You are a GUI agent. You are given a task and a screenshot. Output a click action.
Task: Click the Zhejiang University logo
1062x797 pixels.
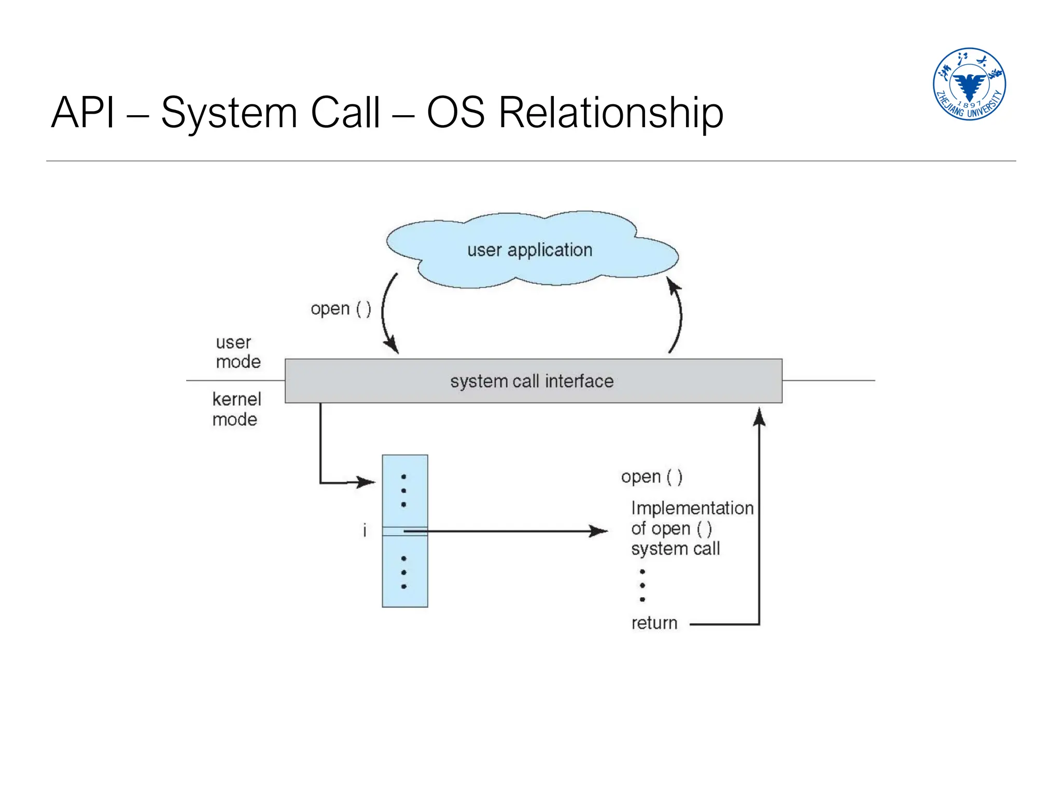tap(969, 84)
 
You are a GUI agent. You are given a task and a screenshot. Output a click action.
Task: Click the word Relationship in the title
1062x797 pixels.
tap(610, 113)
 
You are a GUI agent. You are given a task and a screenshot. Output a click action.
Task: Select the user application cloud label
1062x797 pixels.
tap(529, 250)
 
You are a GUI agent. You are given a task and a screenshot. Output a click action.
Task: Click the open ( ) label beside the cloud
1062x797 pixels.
tap(341, 309)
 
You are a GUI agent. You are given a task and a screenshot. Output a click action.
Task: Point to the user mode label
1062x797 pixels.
tap(237, 352)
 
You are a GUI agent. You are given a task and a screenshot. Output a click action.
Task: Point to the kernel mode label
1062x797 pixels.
tap(236, 409)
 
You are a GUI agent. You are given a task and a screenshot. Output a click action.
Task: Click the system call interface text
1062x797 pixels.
tap(532, 381)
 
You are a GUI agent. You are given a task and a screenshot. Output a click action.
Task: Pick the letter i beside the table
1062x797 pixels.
tap(365, 530)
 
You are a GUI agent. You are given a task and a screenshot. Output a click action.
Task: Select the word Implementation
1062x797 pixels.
tap(692, 508)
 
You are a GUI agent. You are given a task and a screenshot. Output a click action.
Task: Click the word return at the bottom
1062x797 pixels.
tap(654, 623)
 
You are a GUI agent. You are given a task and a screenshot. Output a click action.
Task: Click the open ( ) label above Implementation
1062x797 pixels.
tap(651, 476)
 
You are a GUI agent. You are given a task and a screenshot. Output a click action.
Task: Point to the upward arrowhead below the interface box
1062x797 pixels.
tap(759, 416)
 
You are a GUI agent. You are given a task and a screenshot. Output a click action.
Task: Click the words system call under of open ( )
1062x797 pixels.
tap(675, 549)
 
